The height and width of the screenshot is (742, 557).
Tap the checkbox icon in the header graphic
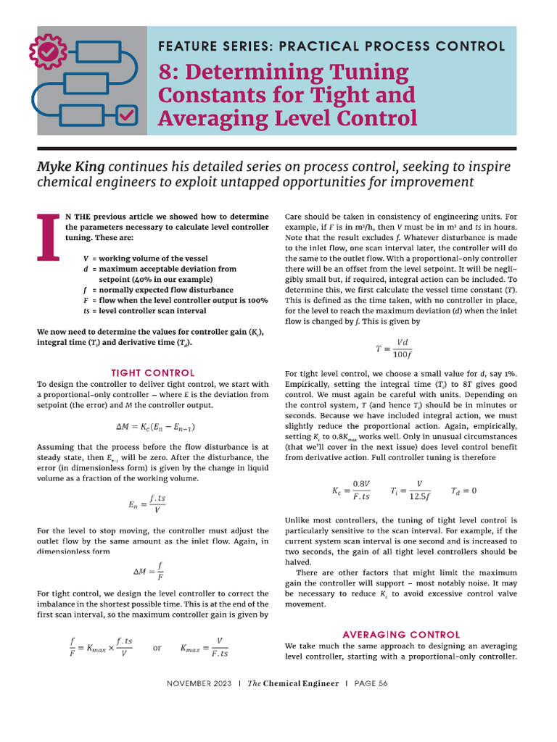pyautogui.click(x=126, y=114)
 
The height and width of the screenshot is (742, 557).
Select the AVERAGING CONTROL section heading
pyautogui.click(x=401, y=634)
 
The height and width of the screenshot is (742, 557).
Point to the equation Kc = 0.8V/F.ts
pyautogui.click(x=352, y=491)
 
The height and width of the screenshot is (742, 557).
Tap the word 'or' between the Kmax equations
pyautogui.click(x=157, y=648)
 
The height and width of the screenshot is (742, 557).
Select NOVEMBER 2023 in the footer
pyautogui.click(x=199, y=684)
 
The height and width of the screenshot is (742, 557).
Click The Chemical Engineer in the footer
pyautogui.click(x=293, y=684)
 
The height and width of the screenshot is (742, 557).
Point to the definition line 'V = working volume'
pyautogui.click(x=145, y=259)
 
